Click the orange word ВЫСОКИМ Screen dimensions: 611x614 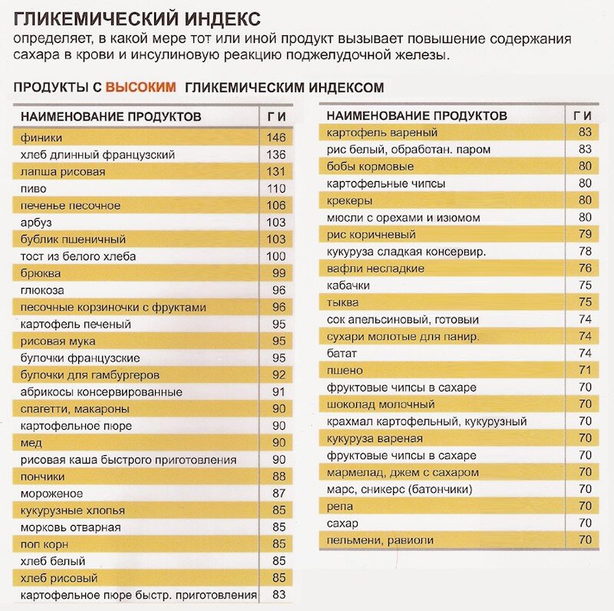(x=140, y=88)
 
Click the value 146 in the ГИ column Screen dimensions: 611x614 (x=276, y=138)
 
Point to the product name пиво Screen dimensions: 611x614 (x=34, y=189)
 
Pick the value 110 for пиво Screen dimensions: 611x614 (x=276, y=189)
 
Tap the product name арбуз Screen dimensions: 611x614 (x=37, y=223)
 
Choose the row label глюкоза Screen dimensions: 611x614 (x=43, y=290)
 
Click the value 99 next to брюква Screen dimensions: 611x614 (x=279, y=273)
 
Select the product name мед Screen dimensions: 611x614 (x=31, y=443)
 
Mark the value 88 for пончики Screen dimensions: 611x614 (x=279, y=477)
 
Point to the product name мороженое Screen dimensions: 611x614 (x=51, y=494)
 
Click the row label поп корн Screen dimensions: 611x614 (x=45, y=544)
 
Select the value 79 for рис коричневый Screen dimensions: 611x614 (x=585, y=235)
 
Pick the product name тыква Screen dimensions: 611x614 (x=343, y=302)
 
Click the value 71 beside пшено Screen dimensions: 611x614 (x=585, y=370)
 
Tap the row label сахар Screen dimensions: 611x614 (x=342, y=523)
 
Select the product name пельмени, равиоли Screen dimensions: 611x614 (x=380, y=540)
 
